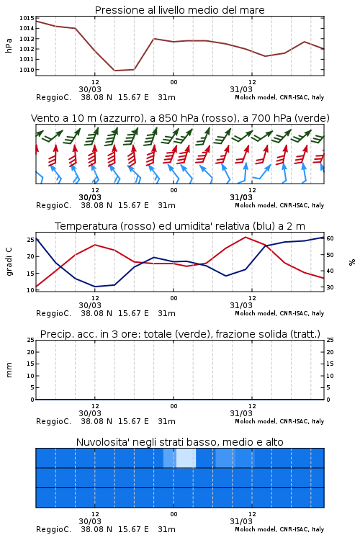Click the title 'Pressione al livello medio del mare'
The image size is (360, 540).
(x=179, y=10)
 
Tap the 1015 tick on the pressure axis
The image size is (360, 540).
(x=27, y=18)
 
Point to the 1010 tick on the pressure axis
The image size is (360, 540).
(x=27, y=70)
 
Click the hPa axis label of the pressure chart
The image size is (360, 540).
(x=9, y=45)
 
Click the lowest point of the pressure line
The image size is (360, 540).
(x=114, y=71)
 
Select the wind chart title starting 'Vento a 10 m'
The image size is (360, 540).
(x=180, y=118)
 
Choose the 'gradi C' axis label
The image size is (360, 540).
(x=9, y=262)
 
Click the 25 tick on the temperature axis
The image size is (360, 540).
(x=31, y=240)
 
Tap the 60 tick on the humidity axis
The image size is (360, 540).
(x=330, y=238)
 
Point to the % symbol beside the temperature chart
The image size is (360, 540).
(x=352, y=262)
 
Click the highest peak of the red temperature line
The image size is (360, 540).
(x=246, y=237)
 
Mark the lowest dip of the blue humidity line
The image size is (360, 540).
(x=95, y=287)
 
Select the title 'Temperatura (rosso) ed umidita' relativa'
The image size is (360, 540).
(x=153, y=226)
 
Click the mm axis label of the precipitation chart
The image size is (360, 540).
(x=9, y=370)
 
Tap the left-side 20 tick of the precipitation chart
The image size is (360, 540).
(x=31, y=352)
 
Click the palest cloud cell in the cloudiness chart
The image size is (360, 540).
(x=186, y=458)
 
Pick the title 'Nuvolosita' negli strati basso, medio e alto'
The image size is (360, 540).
(x=179, y=442)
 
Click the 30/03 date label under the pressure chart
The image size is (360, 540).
(x=90, y=89)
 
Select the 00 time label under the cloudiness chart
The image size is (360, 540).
(x=174, y=514)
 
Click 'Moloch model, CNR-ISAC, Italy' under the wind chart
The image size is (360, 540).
(x=279, y=205)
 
